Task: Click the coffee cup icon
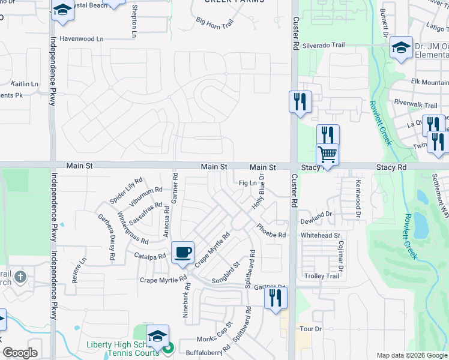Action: [182, 252]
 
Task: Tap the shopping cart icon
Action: [328, 154]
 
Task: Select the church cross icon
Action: [20, 277]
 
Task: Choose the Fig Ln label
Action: [248, 183]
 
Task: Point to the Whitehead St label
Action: [321, 236]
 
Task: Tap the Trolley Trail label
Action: [324, 276]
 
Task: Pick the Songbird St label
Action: [226, 272]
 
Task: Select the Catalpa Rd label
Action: [150, 257]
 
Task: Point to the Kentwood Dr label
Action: [358, 198]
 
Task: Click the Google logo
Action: [20, 353]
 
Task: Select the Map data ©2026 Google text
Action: [411, 355]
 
